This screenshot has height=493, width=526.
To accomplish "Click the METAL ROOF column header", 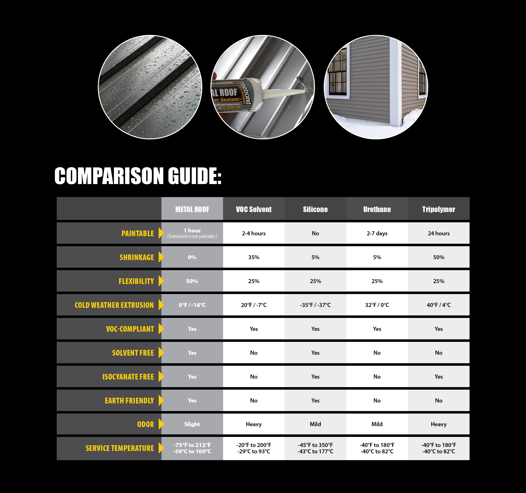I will (192, 209).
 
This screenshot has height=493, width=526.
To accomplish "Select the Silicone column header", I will (315, 209).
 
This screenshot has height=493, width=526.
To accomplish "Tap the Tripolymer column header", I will (438, 209).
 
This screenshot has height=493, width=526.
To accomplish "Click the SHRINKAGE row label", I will (137, 257).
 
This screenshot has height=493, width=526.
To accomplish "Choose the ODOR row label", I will (145, 424).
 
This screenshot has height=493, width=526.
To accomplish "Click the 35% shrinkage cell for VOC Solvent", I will (254, 257).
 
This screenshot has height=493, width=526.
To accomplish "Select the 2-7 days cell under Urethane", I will (377, 233).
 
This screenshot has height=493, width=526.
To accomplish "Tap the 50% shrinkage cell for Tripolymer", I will (438, 257).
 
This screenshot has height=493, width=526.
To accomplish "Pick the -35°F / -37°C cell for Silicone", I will (315, 305).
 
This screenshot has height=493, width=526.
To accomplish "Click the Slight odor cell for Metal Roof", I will (192, 424).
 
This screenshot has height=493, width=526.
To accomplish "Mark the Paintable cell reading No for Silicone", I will (315, 233).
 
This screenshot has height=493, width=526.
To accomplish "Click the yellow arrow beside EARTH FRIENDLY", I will (161, 401).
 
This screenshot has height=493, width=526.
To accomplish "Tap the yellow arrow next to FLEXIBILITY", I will (161, 281).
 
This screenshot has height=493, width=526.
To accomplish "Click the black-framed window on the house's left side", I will (337, 72).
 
